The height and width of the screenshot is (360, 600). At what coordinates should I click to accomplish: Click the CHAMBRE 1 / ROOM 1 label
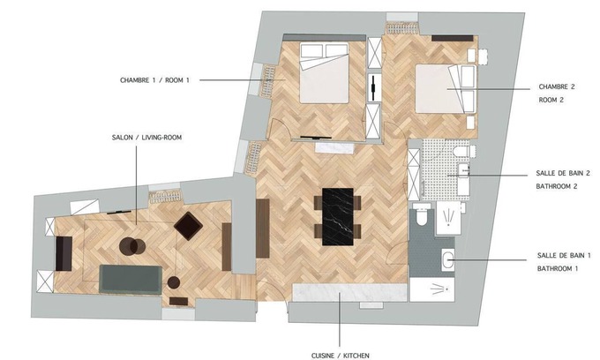pos(154,80)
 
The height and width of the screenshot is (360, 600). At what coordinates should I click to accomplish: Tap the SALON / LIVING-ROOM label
pos(146,138)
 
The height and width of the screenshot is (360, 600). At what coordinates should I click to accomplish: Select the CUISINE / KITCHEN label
pos(341,356)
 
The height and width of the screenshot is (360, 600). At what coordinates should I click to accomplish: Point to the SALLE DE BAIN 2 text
pos(563,173)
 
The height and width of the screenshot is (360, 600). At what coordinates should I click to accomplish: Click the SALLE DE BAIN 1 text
pos(564,255)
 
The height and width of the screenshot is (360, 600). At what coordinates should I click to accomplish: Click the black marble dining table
pos(337,216)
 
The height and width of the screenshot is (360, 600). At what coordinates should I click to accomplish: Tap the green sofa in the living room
pos(131,280)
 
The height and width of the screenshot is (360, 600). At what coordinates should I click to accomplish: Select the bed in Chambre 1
pos(324,73)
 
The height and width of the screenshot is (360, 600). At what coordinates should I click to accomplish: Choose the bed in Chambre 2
pos(446,89)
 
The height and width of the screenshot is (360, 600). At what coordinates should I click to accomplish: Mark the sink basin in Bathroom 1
pos(447,260)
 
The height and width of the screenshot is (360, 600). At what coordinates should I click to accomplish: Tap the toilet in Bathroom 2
pos(464,151)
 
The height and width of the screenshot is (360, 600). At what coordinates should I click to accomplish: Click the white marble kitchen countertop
pos(349,293)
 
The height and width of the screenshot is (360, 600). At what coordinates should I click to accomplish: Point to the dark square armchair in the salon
pos(188,226)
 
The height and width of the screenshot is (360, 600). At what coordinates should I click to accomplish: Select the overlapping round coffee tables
pos(132,246)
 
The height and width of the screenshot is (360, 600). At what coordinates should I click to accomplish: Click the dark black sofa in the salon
pos(64,253)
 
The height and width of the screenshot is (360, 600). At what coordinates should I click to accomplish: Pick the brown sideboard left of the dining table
pos(263,229)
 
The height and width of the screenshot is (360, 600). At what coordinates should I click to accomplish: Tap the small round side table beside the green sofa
pos(174,282)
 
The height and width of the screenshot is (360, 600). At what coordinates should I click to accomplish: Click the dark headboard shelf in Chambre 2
pos(453,38)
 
